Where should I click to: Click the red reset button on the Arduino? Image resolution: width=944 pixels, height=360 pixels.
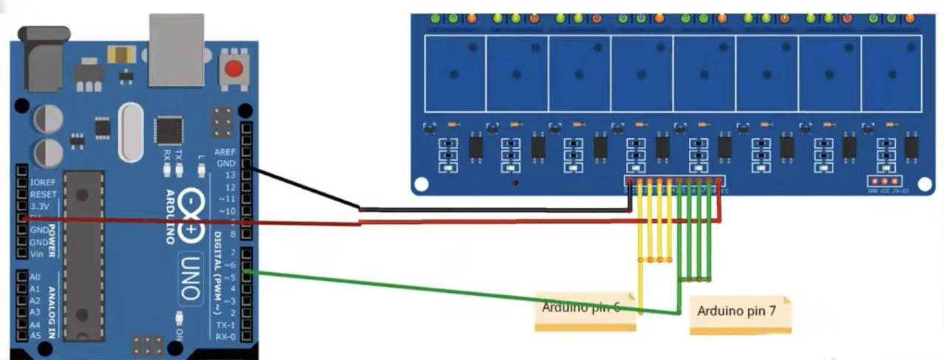[234, 69]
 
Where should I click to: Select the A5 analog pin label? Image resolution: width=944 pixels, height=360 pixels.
[34, 336]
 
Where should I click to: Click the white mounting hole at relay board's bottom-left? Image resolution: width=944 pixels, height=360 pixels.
[421, 183]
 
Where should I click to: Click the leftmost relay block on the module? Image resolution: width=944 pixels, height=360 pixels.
[455, 74]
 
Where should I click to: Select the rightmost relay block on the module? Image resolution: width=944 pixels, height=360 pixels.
[891, 74]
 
